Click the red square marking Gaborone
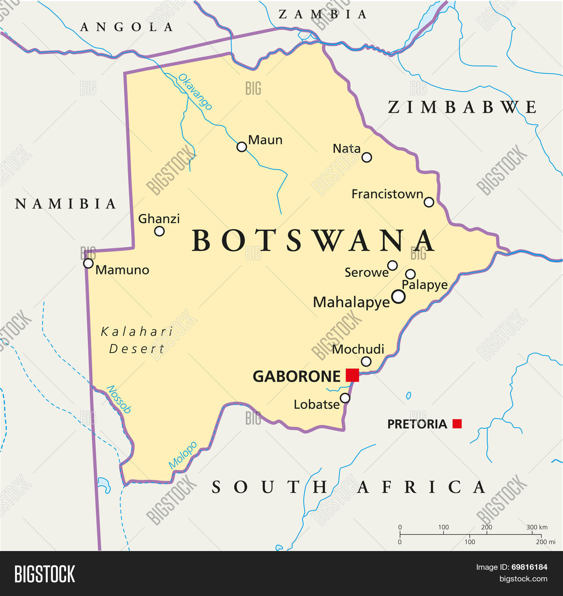tap(352, 375)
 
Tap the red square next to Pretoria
tap(457, 424)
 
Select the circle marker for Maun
tap(242, 147)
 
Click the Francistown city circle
tap(429, 202)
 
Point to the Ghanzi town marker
tap(159, 231)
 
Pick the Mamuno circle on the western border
tap(88, 263)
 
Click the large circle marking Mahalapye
tap(398, 297)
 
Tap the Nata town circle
tap(367, 157)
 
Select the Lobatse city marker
tap(345, 398)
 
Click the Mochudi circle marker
tap(366, 361)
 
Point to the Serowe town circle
tap(392, 265)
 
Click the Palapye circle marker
tap(410, 274)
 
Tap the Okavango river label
tap(195, 92)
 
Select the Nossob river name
tap(119, 400)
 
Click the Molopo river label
tap(183, 455)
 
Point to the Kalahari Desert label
tap(137, 340)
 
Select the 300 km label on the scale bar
tap(537, 527)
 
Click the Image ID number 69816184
tap(529, 567)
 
